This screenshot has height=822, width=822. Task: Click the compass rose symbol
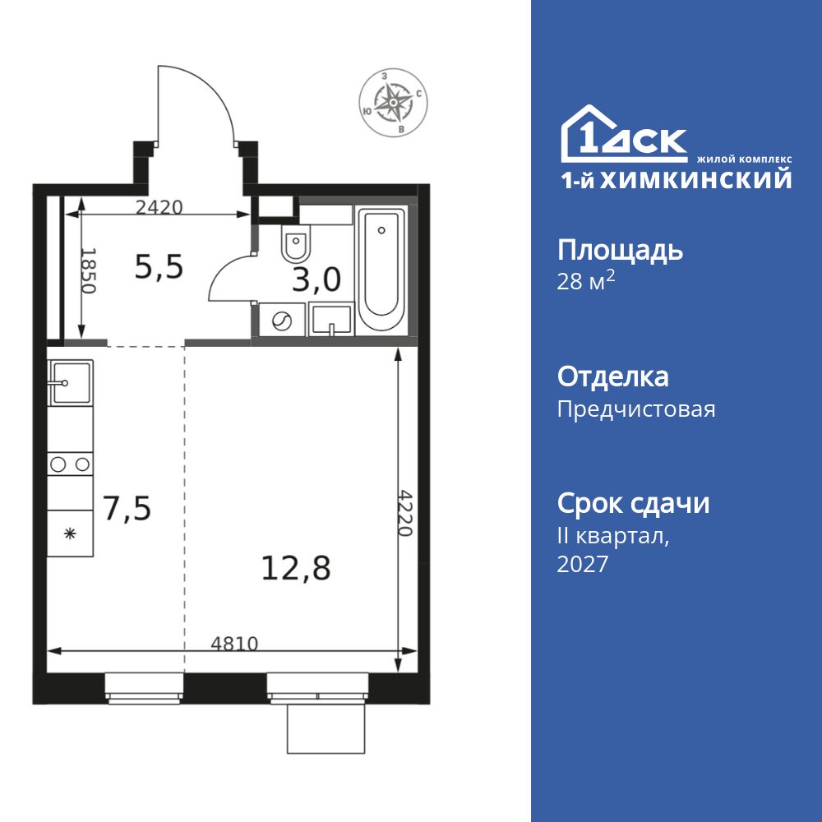394,104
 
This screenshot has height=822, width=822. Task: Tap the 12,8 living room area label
296,567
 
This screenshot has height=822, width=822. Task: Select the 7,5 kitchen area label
127,509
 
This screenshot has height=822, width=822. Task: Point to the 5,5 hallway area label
159,266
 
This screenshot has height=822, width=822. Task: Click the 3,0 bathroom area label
316,280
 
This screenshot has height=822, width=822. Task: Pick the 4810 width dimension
234,644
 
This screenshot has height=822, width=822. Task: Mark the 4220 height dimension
404,513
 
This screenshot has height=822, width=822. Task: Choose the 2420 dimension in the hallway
159,207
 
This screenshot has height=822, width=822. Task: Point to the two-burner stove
70,464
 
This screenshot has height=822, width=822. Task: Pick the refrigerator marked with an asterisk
70,533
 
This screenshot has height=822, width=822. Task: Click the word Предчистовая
636,409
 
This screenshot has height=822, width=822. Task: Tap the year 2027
583,564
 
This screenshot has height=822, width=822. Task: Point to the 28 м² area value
586,283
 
